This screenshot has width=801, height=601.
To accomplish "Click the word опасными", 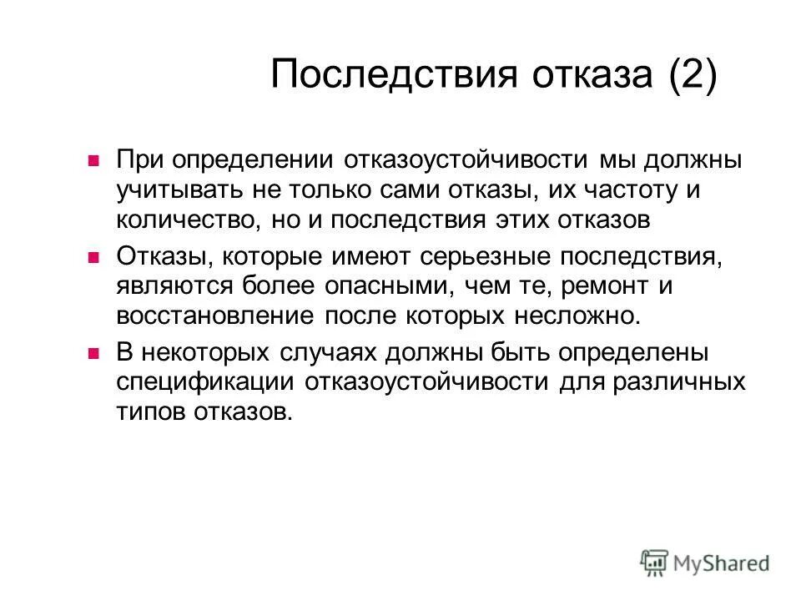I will pos(352,286).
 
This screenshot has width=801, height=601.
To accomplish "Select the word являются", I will pos(176,286).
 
